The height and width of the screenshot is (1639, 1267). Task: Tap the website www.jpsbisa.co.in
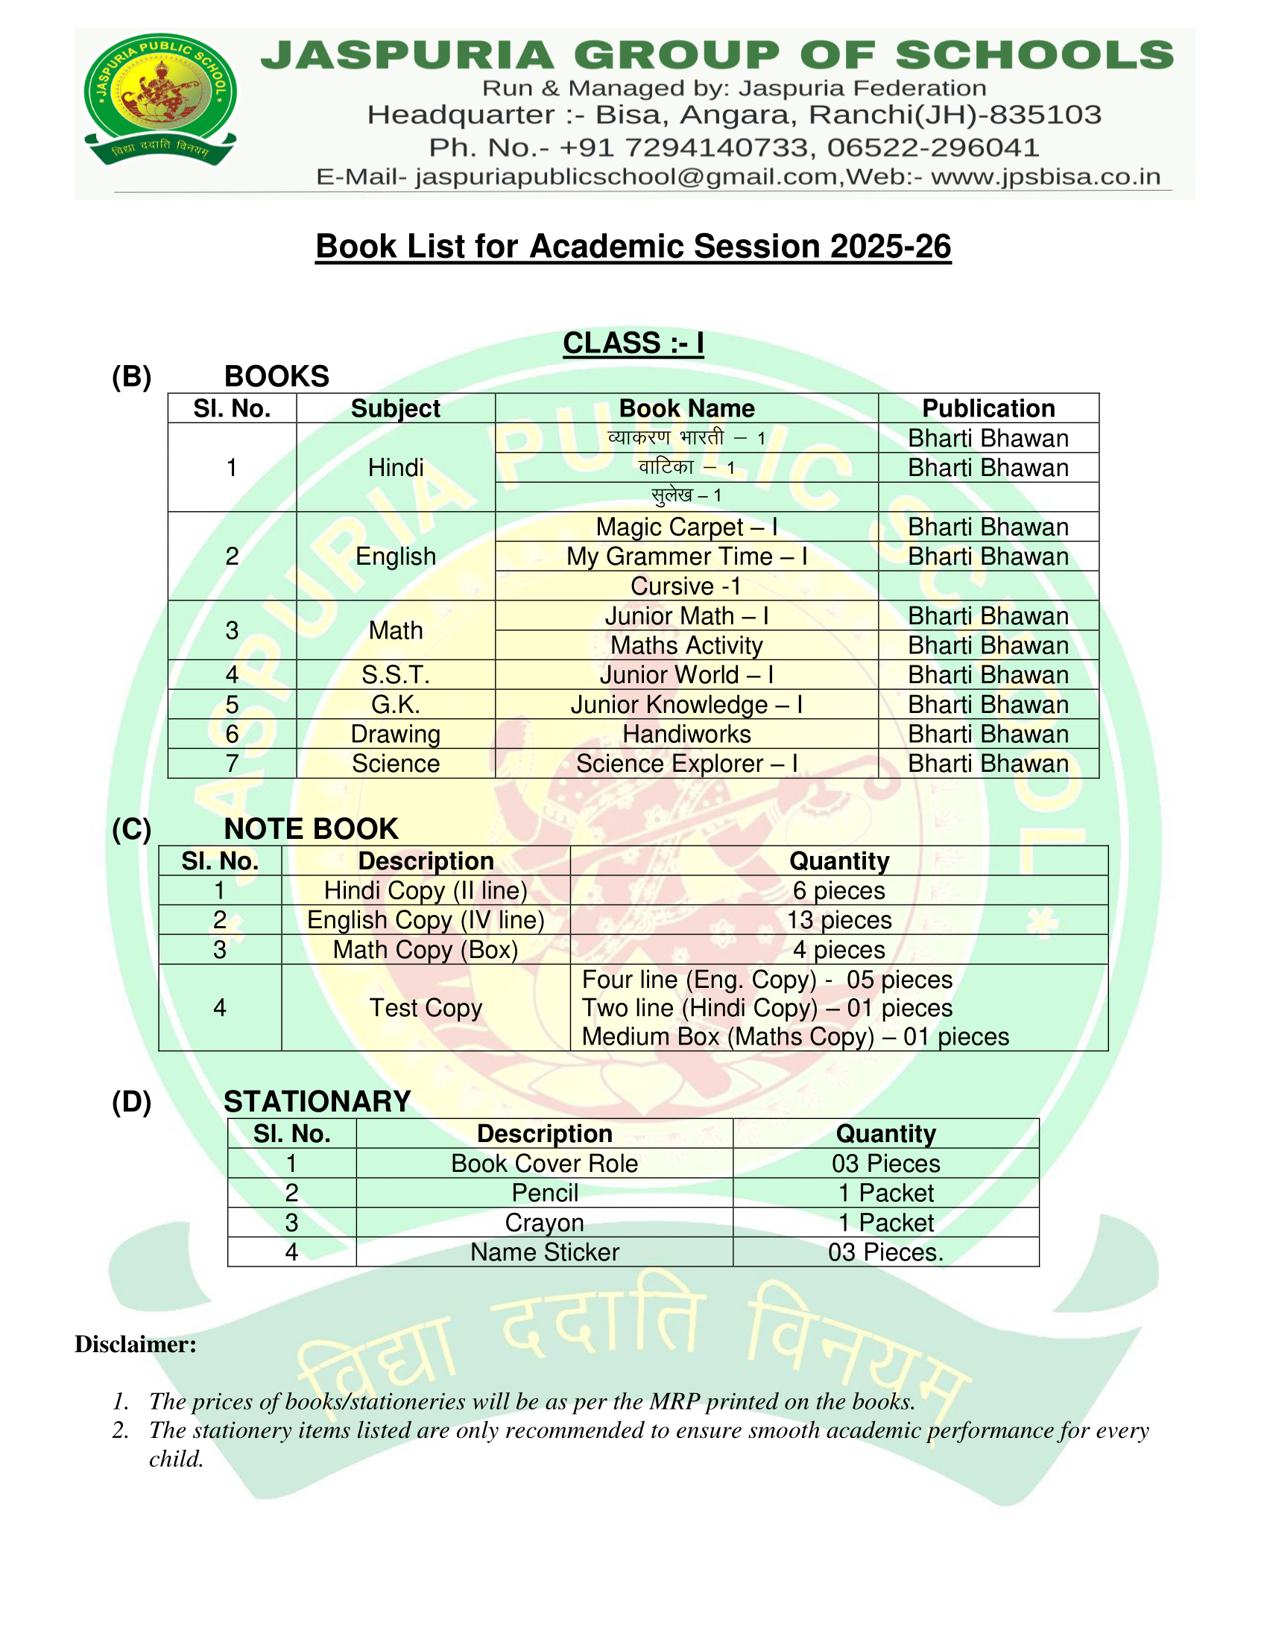click(1046, 177)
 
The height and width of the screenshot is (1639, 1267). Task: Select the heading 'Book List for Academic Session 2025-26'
click(633, 247)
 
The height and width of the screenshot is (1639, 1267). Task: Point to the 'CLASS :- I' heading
click(633, 343)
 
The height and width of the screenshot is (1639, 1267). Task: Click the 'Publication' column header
click(988, 408)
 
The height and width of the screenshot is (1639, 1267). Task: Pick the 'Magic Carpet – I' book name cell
click(686, 527)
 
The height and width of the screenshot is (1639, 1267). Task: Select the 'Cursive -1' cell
click(686, 586)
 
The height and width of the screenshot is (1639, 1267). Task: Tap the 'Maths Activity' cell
click(686, 645)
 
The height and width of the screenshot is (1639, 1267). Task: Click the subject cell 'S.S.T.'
click(396, 675)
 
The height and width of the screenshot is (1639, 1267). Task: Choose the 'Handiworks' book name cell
click(686, 734)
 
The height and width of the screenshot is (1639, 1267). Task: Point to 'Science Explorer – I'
click(686, 763)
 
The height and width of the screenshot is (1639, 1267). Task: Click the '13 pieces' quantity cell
click(838, 920)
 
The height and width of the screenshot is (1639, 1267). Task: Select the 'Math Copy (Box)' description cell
click(426, 950)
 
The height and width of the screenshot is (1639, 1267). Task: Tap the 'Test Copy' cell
click(426, 1008)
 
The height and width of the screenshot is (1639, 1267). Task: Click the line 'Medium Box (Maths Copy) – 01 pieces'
click(795, 1037)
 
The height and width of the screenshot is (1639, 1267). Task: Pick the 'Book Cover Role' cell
click(544, 1163)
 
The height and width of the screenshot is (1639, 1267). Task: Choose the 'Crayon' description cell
click(544, 1223)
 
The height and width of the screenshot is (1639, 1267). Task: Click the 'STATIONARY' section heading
click(317, 1102)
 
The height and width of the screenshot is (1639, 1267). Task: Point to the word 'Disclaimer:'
click(135, 1344)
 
